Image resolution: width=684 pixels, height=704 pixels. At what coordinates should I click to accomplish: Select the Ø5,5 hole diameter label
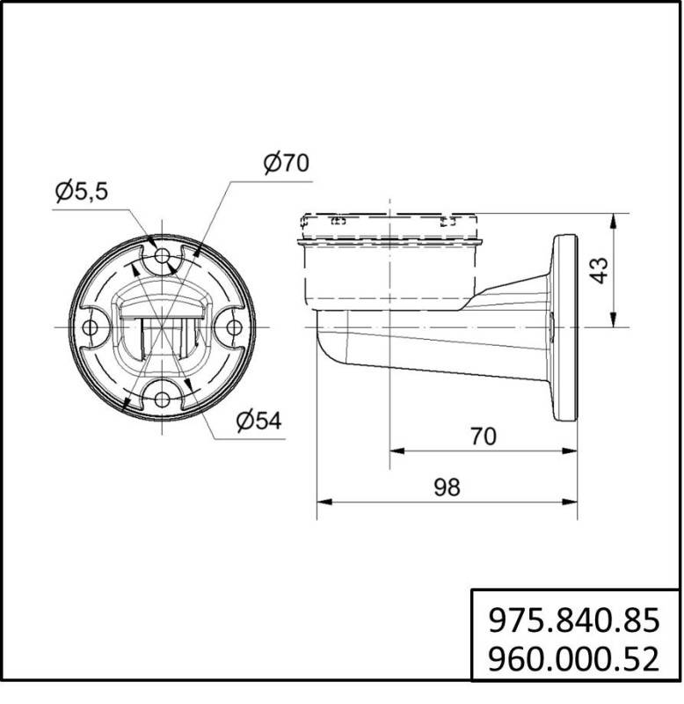pyautogui.click(x=81, y=192)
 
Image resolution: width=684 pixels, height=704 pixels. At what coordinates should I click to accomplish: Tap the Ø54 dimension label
pyautogui.click(x=258, y=422)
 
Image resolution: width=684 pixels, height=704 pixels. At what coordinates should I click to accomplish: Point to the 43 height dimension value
pyautogui.click(x=599, y=269)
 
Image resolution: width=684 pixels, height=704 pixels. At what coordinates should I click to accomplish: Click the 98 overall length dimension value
pyautogui.click(x=447, y=488)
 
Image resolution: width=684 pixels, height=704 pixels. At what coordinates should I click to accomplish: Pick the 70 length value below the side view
pyautogui.click(x=483, y=436)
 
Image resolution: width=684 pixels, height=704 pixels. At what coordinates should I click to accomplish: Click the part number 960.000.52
pyautogui.click(x=572, y=657)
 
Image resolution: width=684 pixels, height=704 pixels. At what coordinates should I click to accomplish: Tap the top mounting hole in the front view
pyautogui.click(x=162, y=256)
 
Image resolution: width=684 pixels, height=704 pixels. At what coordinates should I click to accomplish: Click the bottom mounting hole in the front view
pyautogui.click(x=162, y=400)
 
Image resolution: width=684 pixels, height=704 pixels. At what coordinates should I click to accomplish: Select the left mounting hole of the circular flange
pyautogui.click(x=90, y=327)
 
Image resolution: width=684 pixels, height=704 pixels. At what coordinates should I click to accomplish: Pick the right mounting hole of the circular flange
pyautogui.click(x=234, y=327)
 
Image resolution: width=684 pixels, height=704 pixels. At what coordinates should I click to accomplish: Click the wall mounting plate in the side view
pyautogui.click(x=563, y=327)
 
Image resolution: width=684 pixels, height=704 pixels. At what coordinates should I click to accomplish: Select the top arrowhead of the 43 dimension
pyautogui.click(x=613, y=218)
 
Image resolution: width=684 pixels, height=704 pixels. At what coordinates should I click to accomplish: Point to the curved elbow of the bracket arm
pyautogui.click(x=330, y=348)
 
